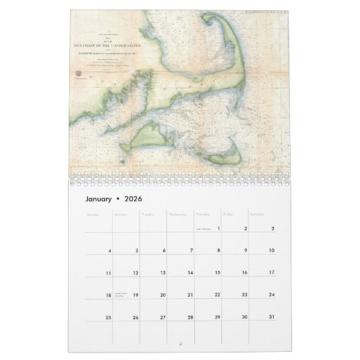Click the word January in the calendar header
[103, 200]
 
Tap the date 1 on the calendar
[219, 229]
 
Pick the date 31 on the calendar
[271, 317]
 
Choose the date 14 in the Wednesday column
[190, 273]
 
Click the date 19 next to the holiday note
[136, 295]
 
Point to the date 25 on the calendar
[109, 317]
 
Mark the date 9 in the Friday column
[245, 251]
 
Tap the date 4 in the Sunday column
[110, 251]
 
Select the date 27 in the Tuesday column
[163, 317]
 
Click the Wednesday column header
[179, 215]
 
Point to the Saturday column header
[258, 215]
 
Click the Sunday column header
[93, 215]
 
